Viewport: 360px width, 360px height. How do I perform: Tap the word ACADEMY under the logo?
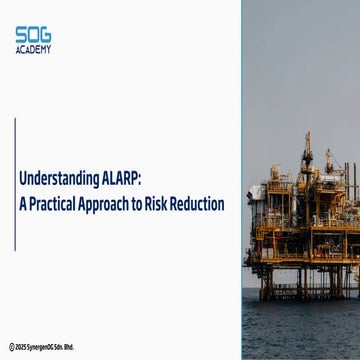(x=35, y=49)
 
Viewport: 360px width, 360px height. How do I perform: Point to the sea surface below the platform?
(x=300, y=330)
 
